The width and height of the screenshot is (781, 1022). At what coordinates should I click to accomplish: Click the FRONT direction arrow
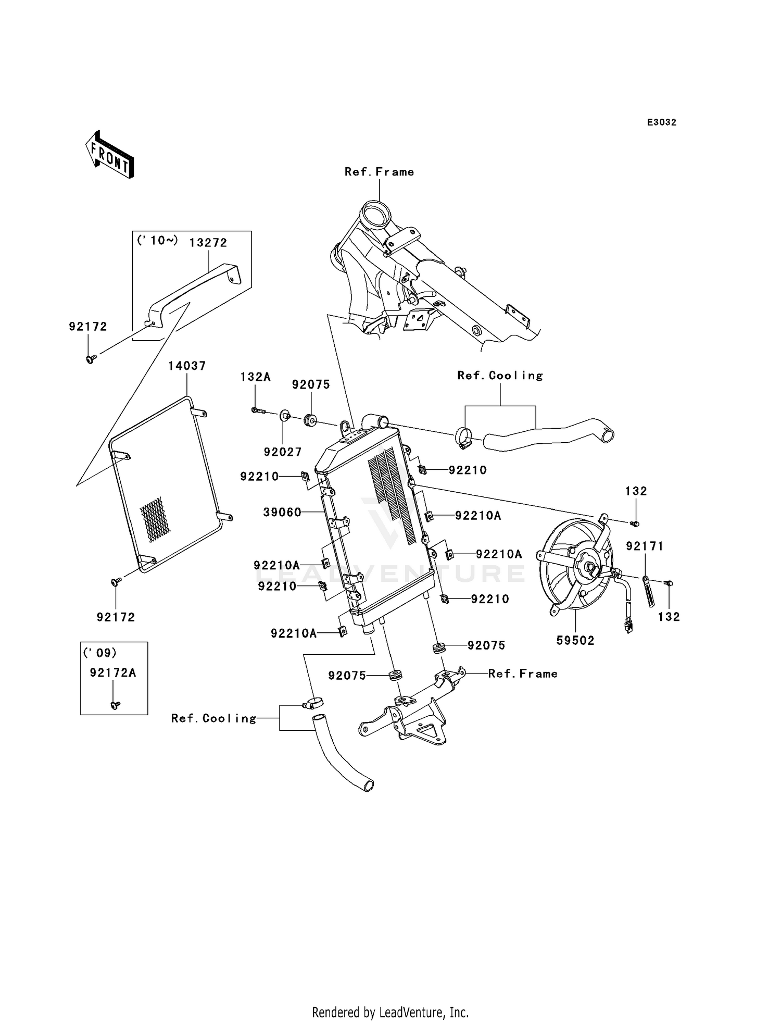tap(110, 154)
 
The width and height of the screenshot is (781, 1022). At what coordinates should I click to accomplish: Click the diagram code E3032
tap(662, 122)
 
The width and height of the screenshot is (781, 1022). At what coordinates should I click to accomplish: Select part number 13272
tap(208, 243)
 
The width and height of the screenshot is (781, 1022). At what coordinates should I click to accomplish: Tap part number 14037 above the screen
tap(187, 366)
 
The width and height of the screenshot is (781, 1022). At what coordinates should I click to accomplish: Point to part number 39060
tap(282, 513)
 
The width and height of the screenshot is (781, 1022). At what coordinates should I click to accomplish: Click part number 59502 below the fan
tap(575, 641)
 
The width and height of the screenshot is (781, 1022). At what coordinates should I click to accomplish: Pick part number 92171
tap(645, 546)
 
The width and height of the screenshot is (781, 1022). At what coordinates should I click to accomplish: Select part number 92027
tap(283, 452)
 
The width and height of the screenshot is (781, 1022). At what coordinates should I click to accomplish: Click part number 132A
tap(255, 377)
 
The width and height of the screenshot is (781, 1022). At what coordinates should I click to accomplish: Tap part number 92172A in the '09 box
tap(113, 672)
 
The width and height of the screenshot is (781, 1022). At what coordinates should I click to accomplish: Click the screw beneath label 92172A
tap(115, 705)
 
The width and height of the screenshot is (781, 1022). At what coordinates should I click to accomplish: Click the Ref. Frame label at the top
tap(379, 172)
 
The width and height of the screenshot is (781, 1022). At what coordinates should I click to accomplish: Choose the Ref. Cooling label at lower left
tap(214, 719)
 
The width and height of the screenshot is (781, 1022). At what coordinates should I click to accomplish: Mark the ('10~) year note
tap(157, 240)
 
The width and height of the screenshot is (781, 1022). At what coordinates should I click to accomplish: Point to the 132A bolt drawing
tap(259, 411)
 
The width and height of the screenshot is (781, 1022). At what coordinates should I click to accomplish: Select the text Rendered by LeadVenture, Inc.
tap(391, 1012)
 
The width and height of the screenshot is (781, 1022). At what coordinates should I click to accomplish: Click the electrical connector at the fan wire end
tap(629, 625)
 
